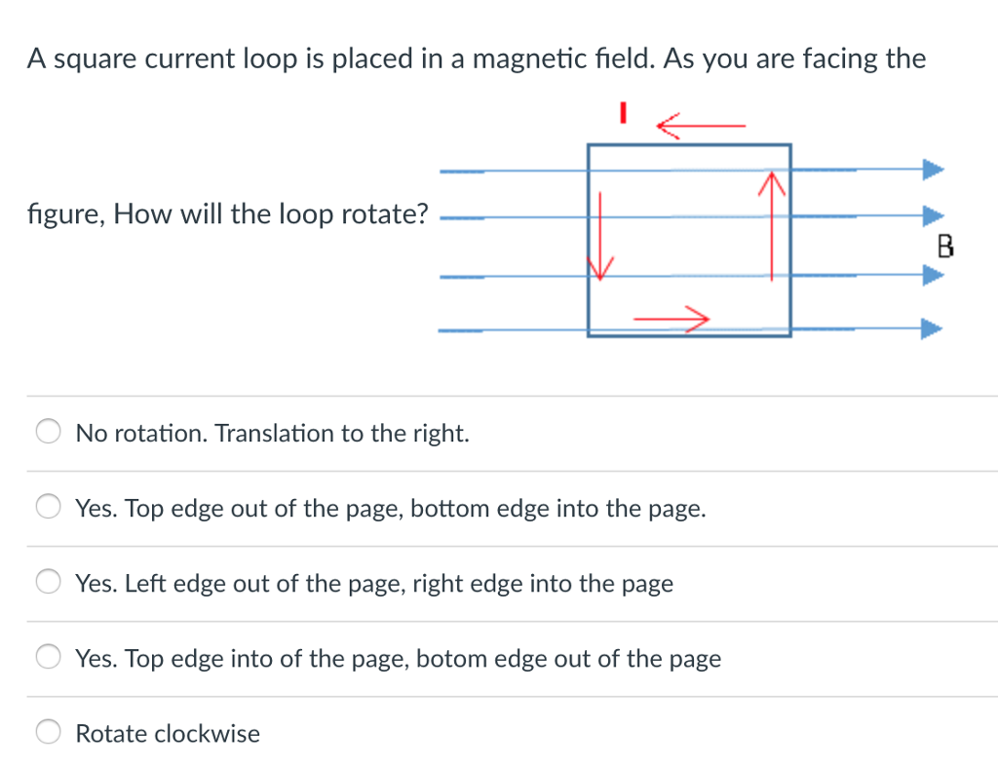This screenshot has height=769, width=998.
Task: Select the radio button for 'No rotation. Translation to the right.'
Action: [x=50, y=433]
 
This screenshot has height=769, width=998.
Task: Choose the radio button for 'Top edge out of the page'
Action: [x=50, y=508]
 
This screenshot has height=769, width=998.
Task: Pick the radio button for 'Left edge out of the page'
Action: [x=50, y=583]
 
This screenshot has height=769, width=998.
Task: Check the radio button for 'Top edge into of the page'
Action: [x=50, y=658]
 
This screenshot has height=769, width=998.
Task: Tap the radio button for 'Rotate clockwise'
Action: [x=50, y=733]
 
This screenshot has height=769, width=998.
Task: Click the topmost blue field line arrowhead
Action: [x=933, y=170]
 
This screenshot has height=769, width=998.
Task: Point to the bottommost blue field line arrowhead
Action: [x=933, y=329]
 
